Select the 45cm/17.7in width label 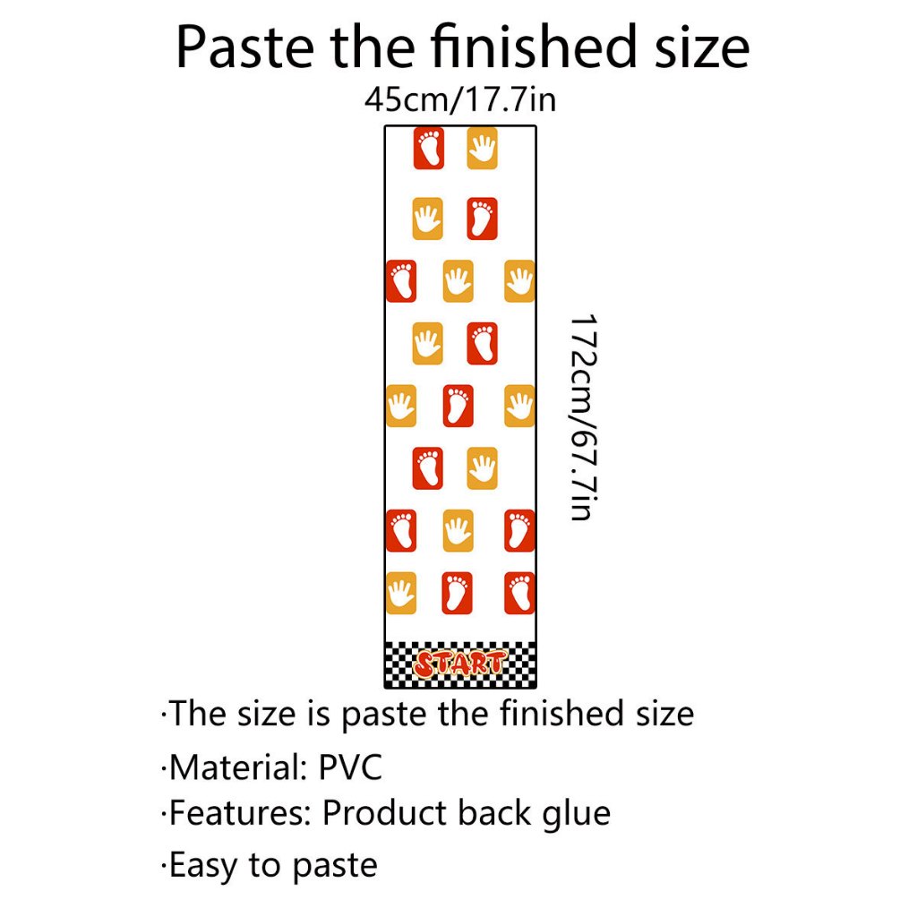(459, 99)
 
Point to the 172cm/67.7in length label (581, 416)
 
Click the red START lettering (459, 664)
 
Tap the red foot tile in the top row (428, 148)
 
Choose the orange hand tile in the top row (482, 148)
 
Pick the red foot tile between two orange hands (458, 406)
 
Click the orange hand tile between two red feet (458, 530)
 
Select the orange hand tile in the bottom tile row (400, 593)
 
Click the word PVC (350, 767)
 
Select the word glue (577, 813)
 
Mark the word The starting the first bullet (200, 714)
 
